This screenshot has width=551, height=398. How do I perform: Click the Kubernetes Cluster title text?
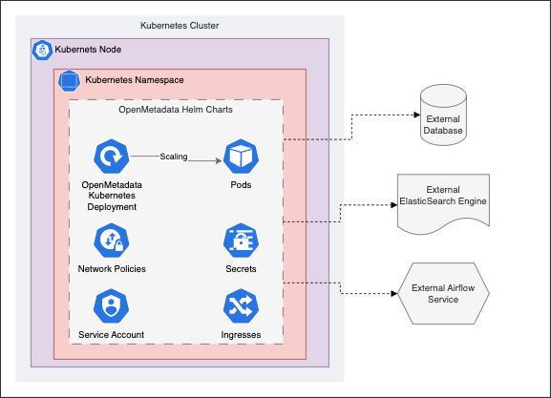[180, 25]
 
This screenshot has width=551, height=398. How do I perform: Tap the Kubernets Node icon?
[42, 50]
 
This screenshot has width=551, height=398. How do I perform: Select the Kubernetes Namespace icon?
[70, 80]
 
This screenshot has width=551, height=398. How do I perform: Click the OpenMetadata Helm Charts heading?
[176, 109]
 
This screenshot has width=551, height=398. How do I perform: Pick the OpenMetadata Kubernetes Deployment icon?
[112, 155]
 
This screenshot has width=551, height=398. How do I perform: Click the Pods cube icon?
[241, 155]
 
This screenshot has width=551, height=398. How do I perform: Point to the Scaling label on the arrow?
[174, 156]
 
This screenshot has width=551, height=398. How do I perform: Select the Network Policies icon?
[112, 241]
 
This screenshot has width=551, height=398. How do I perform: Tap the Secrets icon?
[241, 241]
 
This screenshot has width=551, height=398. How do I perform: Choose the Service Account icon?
[112, 306]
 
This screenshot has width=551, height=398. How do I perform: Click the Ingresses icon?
[241, 306]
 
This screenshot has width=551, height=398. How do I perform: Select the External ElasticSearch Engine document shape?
[442, 201]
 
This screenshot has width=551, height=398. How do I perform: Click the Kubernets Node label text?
[95, 49]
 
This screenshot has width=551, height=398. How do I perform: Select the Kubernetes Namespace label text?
[135, 79]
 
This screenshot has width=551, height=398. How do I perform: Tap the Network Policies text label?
[112, 269]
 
